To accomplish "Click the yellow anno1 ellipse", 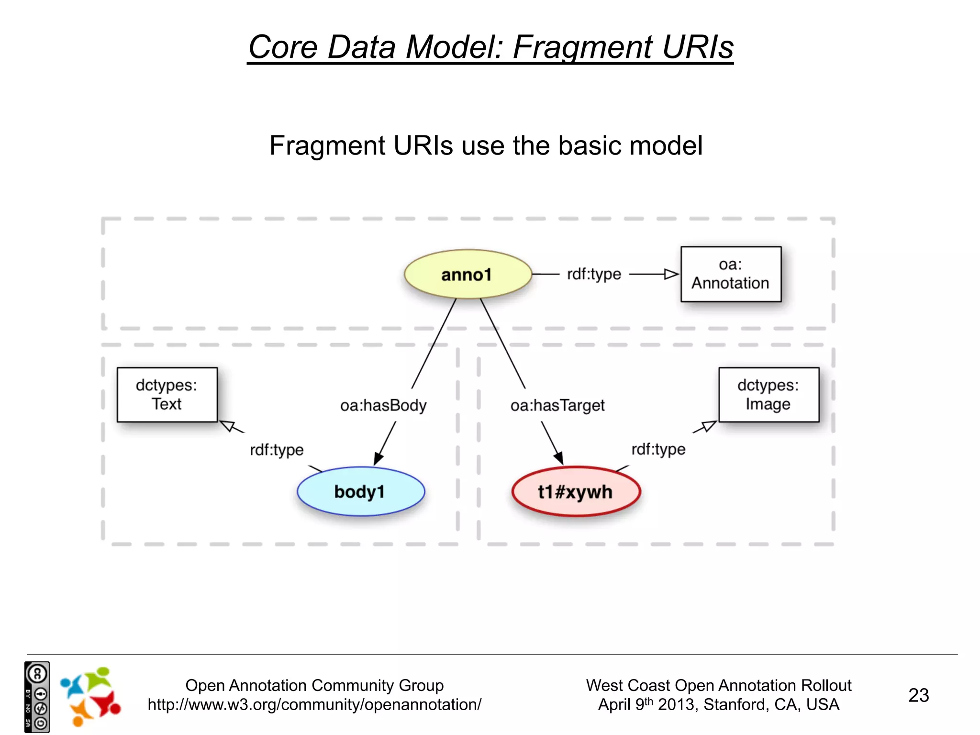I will click(468, 274).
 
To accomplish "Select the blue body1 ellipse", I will click(360, 491).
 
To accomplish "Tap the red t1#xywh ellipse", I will click(576, 491).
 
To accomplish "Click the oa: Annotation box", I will click(731, 274).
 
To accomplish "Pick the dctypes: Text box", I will click(167, 395).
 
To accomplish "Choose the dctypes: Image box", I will click(768, 395).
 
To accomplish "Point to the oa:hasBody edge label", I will click(383, 406).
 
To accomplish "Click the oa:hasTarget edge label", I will click(557, 406).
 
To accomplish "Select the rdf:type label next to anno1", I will click(594, 274).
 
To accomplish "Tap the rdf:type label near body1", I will click(277, 450).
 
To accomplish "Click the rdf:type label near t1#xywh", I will click(658, 449).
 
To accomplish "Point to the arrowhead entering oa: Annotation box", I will click(672, 274).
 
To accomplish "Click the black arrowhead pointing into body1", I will click(378, 458).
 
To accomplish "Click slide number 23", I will click(918, 695).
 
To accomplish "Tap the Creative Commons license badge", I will click(37, 697).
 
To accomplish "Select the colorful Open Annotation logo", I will click(90, 696).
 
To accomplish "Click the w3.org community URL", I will click(314, 705).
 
